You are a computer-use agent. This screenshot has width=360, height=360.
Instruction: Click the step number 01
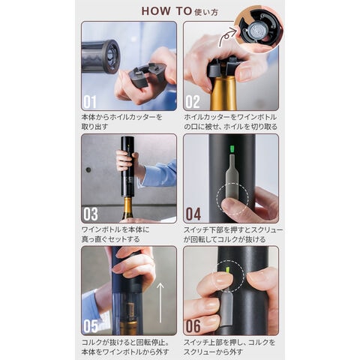point(90,102)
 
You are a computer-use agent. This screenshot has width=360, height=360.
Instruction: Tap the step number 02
point(193,102)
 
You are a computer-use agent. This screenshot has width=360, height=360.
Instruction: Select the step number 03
point(91,214)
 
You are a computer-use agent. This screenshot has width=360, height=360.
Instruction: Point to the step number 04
point(193,214)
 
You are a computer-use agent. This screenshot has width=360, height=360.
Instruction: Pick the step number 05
point(91,326)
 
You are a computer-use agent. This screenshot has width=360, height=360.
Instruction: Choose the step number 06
point(193,326)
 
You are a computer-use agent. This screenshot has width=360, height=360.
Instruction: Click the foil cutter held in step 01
point(146,76)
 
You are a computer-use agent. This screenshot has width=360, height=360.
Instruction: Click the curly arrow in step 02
point(227,37)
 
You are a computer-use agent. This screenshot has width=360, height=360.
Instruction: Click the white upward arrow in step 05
point(160,303)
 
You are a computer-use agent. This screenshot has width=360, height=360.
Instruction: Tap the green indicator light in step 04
point(232,149)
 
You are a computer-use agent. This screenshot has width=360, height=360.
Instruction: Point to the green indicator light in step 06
point(228,270)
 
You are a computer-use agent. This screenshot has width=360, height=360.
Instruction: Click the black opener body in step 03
point(127,166)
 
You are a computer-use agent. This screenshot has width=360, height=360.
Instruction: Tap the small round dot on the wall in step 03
point(88,169)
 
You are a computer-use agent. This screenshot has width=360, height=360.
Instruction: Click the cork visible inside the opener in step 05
point(130,311)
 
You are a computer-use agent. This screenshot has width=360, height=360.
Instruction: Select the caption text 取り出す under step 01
point(95,127)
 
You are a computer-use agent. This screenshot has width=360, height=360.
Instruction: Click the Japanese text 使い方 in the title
point(206,12)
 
